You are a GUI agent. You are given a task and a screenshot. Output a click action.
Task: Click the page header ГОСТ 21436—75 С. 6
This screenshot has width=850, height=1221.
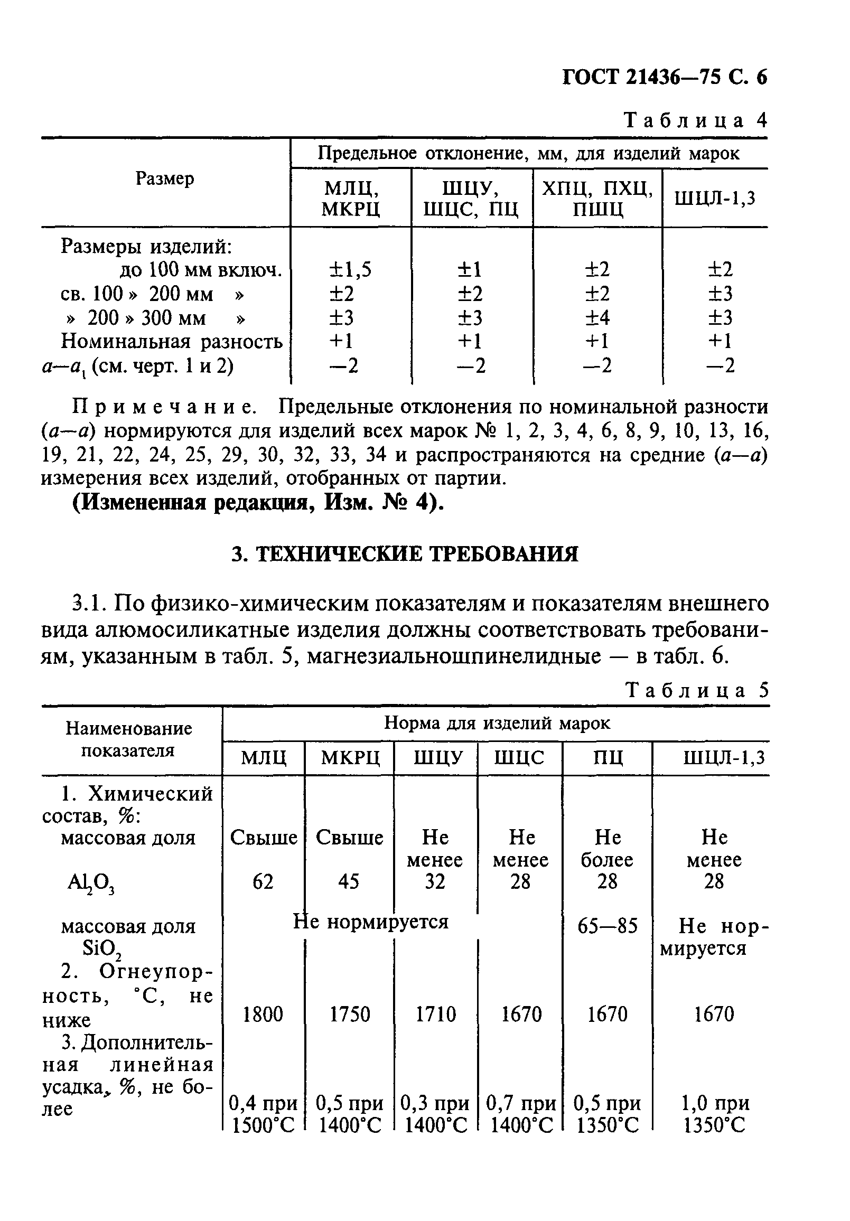tap(665, 78)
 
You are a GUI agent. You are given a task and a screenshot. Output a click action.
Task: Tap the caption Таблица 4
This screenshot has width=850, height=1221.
tap(696, 120)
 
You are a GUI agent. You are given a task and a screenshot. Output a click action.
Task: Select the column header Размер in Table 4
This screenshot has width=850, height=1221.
tap(165, 179)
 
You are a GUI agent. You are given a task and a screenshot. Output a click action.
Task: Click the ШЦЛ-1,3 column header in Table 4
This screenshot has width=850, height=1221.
tap(714, 199)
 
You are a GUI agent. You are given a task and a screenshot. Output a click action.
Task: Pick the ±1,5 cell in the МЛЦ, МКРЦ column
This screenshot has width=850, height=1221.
tap(350, 270)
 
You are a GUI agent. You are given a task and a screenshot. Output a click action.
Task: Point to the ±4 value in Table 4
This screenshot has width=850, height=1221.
tap(597, 317)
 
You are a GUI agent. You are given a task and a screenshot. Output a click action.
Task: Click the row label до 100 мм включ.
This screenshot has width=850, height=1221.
tap(200, 270)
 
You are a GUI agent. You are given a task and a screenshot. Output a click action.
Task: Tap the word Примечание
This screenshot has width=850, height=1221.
tap(164, 407)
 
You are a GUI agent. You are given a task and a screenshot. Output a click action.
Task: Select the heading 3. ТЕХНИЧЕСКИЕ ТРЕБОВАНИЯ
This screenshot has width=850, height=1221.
tap(405, 554)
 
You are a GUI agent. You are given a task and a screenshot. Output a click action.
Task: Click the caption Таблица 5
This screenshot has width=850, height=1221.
tap(697, 690)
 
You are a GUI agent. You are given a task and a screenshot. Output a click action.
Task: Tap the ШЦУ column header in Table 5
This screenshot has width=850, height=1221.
tap(435, 757)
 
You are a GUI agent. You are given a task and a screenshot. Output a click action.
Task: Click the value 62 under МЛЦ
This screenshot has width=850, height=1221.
tap(263, 882)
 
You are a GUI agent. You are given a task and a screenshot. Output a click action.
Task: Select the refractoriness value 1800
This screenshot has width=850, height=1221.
tap(263, 1014)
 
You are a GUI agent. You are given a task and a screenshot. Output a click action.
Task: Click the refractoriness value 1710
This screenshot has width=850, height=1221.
tap(435, 1014)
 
